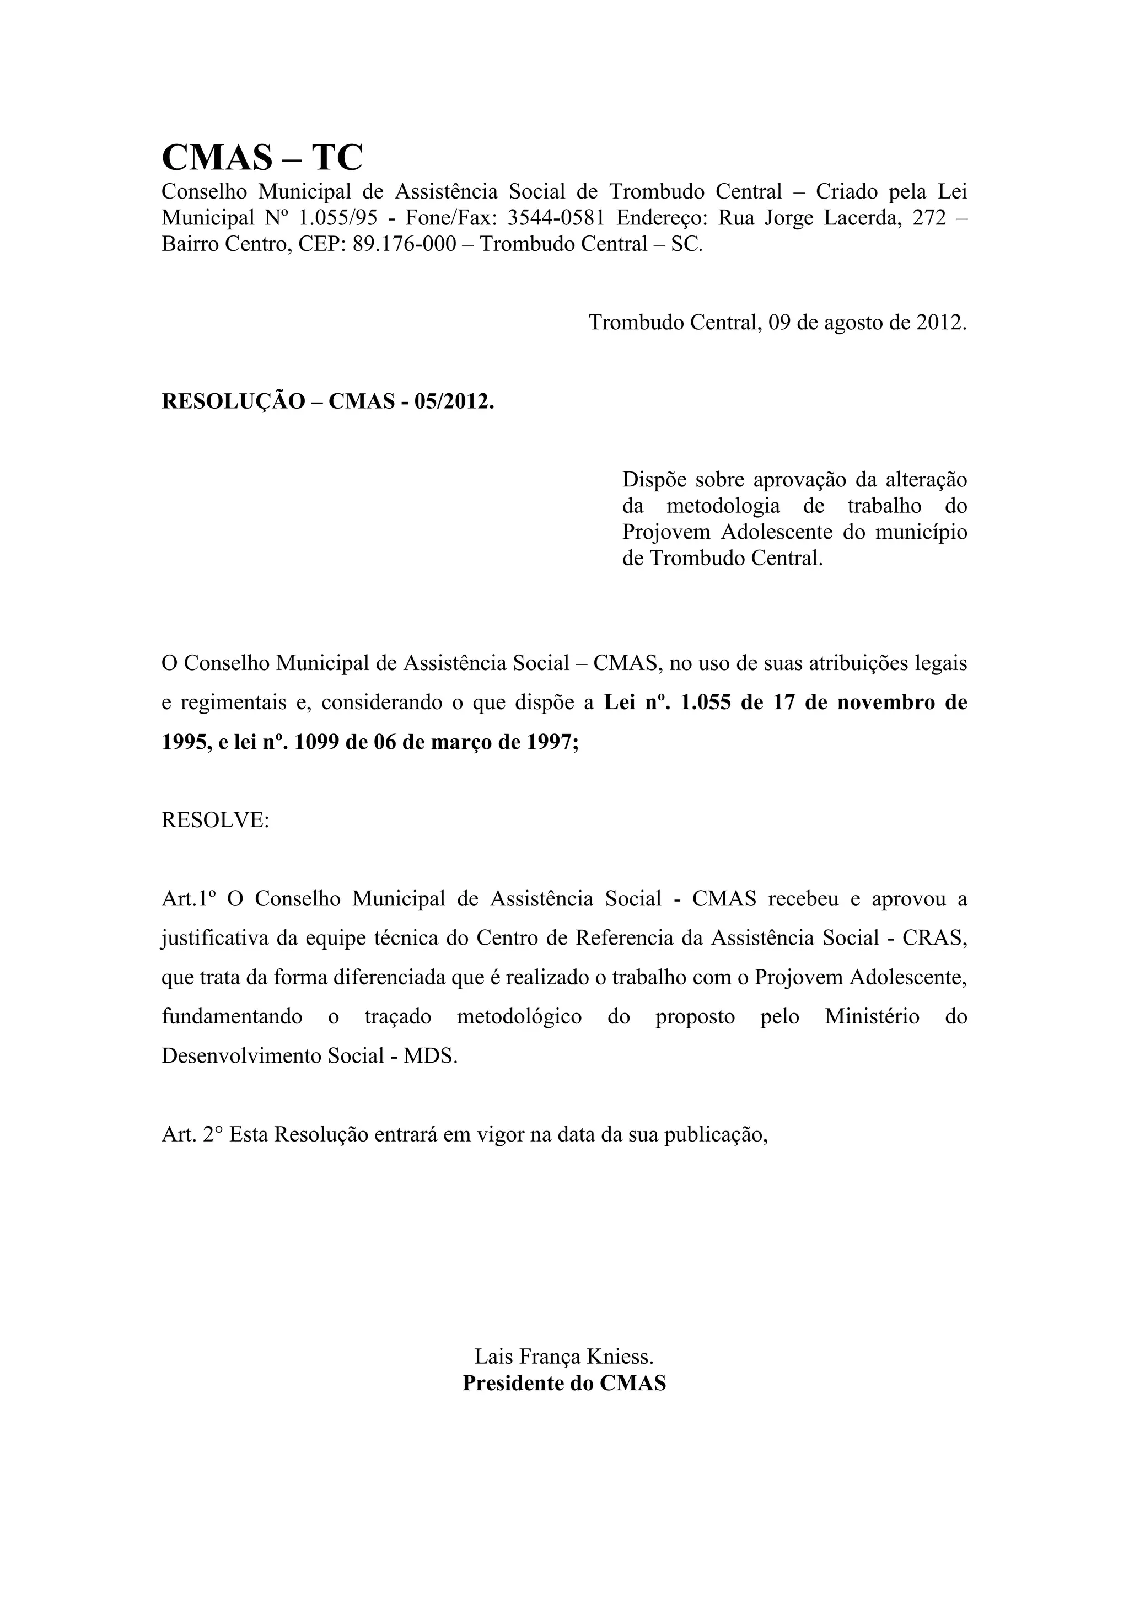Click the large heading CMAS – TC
(261, 157)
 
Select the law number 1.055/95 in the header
(338, 218)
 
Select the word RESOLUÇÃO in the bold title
(233, 401)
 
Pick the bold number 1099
(317, 742)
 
